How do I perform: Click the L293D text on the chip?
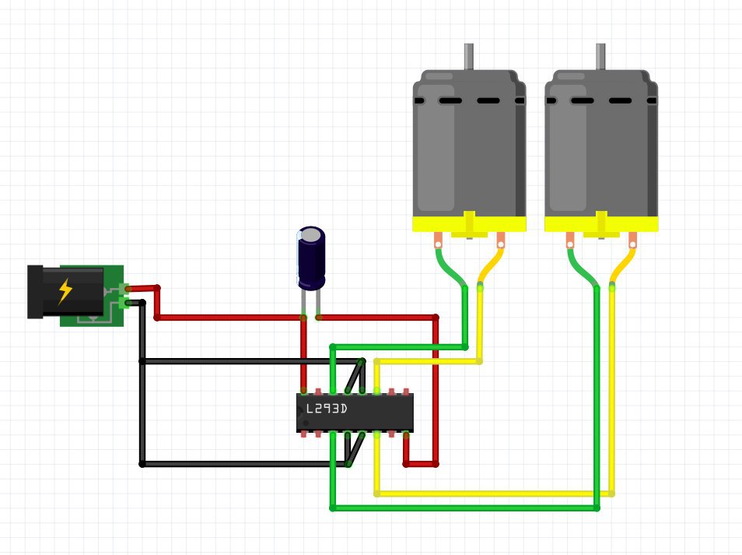point(326,408)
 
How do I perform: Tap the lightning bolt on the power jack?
point(66,291)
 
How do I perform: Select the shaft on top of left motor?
point(469,56)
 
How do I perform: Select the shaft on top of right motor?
point(600,56)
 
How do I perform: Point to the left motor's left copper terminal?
point(439,240)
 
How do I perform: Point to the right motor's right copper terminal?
point(632,240)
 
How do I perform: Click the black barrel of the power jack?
point(36,292)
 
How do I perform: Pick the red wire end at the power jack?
point(130,289)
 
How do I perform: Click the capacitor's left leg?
point(304,304)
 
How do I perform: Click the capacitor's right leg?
point(317,304)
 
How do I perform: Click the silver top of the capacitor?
point(311,234)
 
